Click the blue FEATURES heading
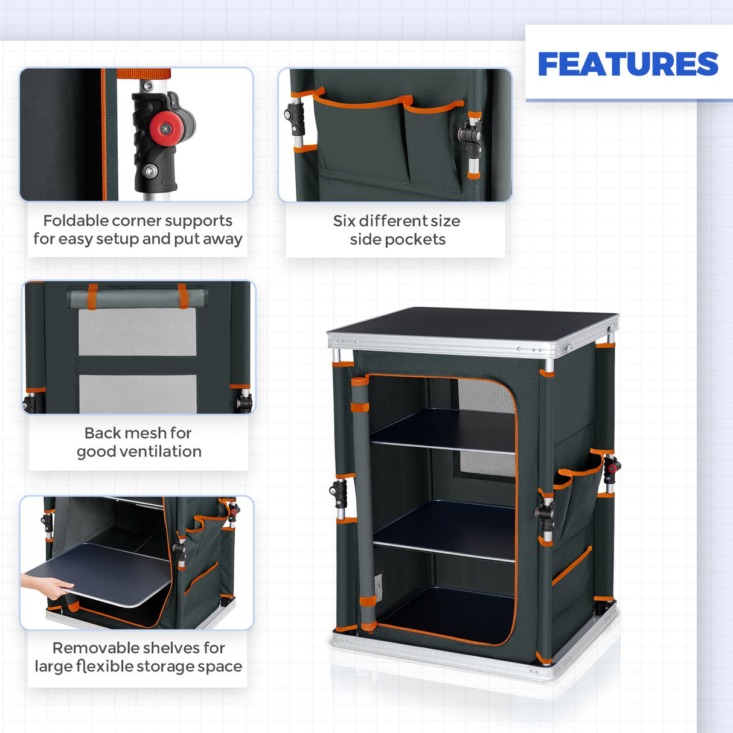point(628,64)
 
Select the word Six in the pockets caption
point(344,221)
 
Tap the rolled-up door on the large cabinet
point(363,501)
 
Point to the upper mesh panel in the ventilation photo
point(138,332)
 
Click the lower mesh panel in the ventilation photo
point(138,394)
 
